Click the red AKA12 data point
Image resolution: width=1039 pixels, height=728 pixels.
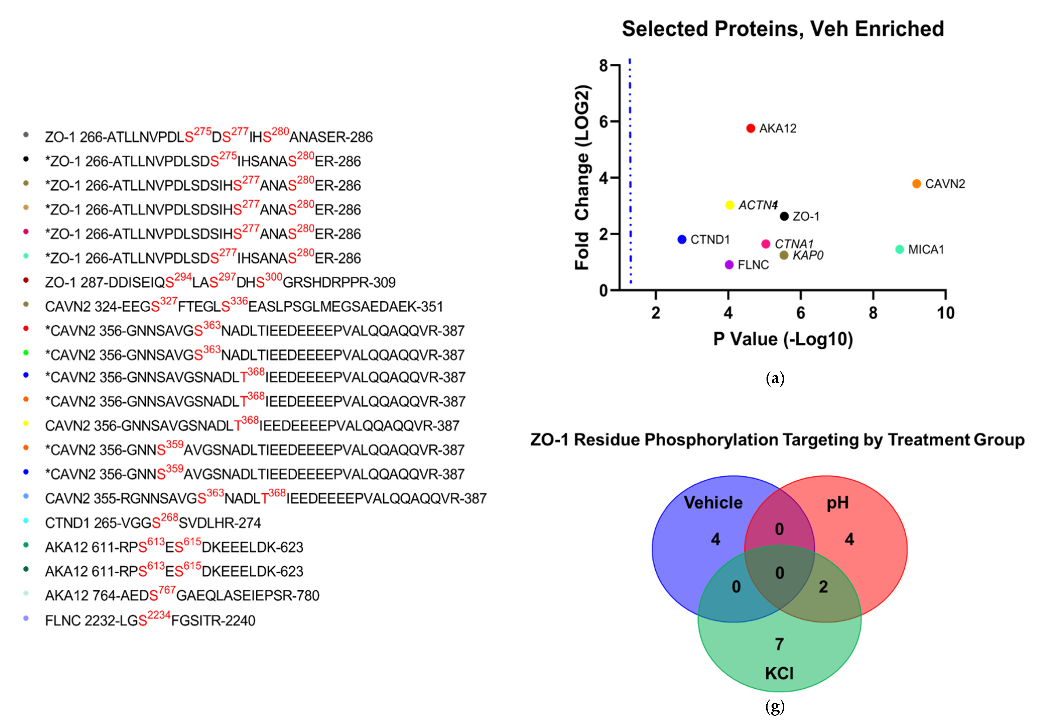[x=750, y=128]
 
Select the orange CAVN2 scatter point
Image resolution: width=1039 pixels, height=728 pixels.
[x=916, y=184]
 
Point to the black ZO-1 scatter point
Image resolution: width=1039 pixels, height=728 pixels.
[x=784, y=216]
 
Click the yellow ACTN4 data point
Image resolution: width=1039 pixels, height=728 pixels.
[x=729, y=205]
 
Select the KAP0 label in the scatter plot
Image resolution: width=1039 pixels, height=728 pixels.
[x=808, y=256]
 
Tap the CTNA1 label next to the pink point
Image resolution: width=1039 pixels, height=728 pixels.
[x=794, y=244]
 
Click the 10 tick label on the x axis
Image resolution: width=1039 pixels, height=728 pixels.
[x=945, y=313]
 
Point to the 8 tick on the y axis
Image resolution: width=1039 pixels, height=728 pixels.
[x=604, y=66]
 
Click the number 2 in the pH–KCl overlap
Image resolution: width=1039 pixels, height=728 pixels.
[x=823, y=587]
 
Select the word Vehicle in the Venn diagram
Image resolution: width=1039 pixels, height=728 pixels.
[x=713, y=503]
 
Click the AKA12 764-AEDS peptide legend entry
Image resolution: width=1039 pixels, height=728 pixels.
[x=182, y=596]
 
